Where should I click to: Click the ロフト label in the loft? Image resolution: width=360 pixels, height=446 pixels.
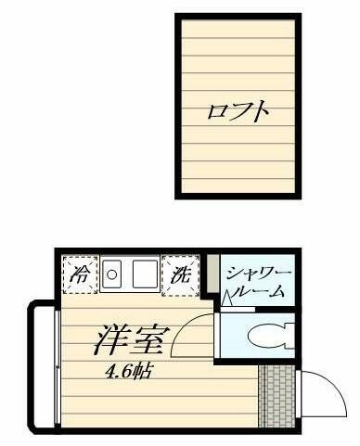[x=238, y=110]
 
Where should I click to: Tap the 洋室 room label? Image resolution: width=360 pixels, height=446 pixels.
[x=132, y=340]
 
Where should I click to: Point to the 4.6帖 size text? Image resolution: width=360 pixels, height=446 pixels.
[x=128, y=373]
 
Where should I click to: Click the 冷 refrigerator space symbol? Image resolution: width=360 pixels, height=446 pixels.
[x=80, y=274]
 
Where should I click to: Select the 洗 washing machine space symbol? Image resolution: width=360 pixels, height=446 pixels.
[x=181, y=274]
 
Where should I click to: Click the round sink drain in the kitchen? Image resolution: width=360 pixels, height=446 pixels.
[x=111, y=274]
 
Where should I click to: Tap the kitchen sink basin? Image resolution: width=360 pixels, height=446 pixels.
[x=111, y=274]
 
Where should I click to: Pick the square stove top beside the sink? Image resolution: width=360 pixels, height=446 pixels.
[x=145, y=274]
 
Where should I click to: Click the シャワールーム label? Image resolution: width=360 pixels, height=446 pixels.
[x=259, y=282]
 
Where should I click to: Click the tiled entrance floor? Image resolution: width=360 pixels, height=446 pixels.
[x=276, y=397]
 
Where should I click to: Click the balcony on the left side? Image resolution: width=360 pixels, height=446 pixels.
[x=44, y=364]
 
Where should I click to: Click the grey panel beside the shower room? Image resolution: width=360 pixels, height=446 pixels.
[x=212, y=274]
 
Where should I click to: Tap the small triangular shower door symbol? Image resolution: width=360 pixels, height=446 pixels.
[x=226, y=299]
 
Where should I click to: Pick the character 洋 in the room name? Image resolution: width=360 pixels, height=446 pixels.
[x=112, y=340]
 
